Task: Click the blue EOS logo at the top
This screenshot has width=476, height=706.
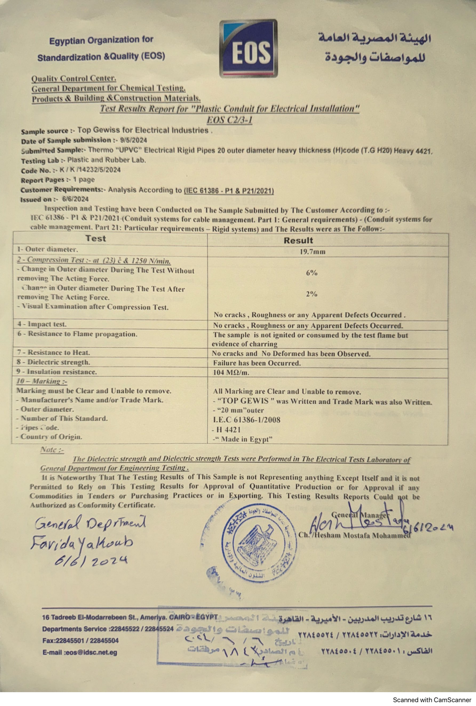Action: point(248,49)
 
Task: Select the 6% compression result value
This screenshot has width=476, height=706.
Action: point(311,273)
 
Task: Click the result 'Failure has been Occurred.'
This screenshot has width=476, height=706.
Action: point(257,363)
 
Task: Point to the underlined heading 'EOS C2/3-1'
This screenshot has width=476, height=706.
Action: point(229,120)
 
